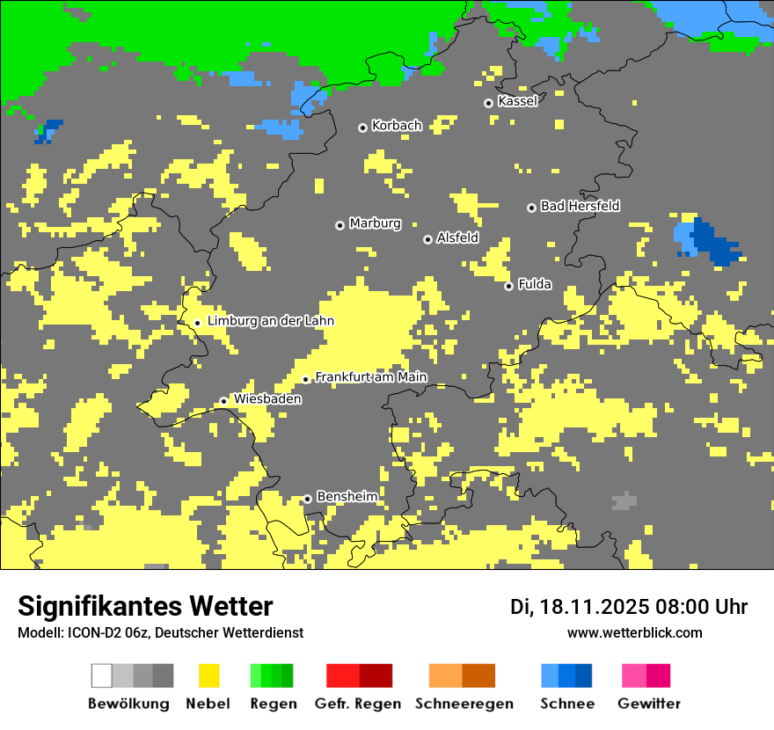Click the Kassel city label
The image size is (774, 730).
tap(517, 101)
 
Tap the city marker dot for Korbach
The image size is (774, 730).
tap(362, 128)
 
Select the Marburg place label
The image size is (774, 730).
tap(375, 223)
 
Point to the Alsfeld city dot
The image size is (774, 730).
tap(427, 239)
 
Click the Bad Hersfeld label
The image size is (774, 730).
tap(580, 206)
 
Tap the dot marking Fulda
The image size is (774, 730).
tap(508, 286)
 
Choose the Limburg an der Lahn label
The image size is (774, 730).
tap(270, 321)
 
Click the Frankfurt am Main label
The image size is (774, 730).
tap(370, 377)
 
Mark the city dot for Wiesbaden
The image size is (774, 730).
tap(223, 401)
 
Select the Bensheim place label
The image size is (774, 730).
tap(347, 497)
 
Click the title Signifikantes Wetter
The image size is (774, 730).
tap(145, 606)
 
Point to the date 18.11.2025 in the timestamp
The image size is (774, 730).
tap(596, 607)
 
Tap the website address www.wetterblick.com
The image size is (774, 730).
tap(634, 632)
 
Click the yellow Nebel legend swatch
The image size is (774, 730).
tap(209, 675)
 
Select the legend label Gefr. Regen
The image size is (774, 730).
tap(357, 704)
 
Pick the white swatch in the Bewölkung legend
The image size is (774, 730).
tap(102, 675)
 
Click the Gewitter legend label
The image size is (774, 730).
tap(648, 704)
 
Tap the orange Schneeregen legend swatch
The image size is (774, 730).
tap(445, 675)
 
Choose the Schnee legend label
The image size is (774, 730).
tap(566, 704)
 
